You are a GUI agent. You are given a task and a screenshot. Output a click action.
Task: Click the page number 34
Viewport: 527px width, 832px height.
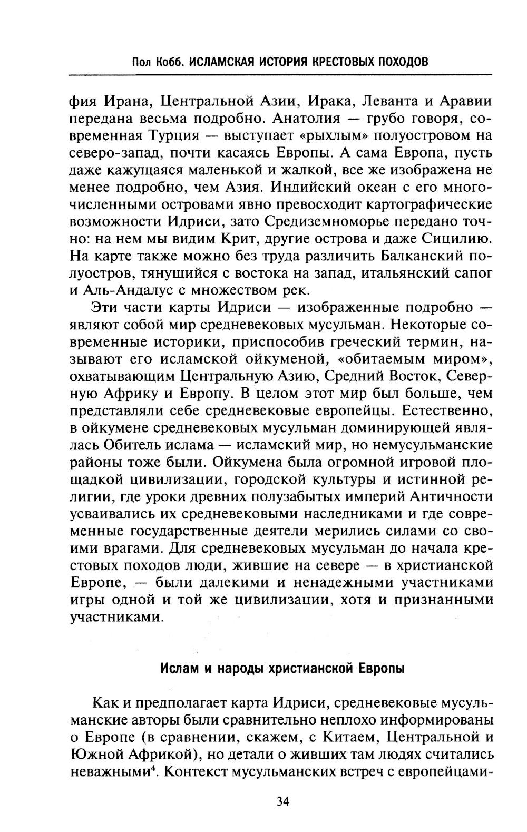[283, 801]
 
